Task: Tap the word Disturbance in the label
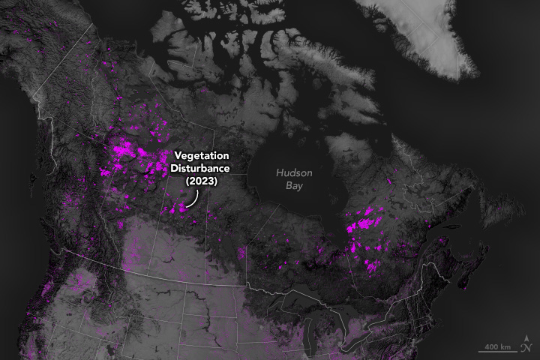199,169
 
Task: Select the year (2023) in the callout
199,181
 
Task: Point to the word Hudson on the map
292,172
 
